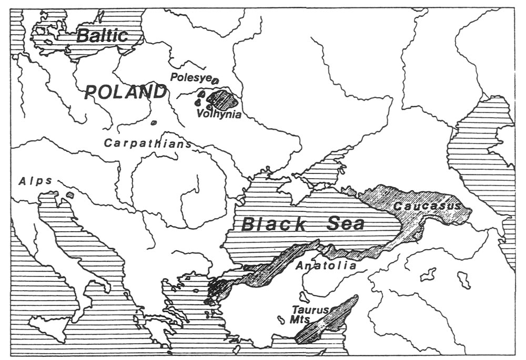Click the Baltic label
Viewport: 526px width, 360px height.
point(102,36)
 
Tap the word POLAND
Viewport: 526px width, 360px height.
point(125,92)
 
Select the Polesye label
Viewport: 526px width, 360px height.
point(190,77)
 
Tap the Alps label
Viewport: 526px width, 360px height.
point(36,181)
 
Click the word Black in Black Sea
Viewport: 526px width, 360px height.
point(272,224)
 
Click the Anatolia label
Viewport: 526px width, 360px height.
point(326,265)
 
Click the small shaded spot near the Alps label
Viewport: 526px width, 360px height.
point(70,195)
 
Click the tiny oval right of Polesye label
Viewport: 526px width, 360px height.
point(215,79)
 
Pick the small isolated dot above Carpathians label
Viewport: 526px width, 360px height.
point(153,123)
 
